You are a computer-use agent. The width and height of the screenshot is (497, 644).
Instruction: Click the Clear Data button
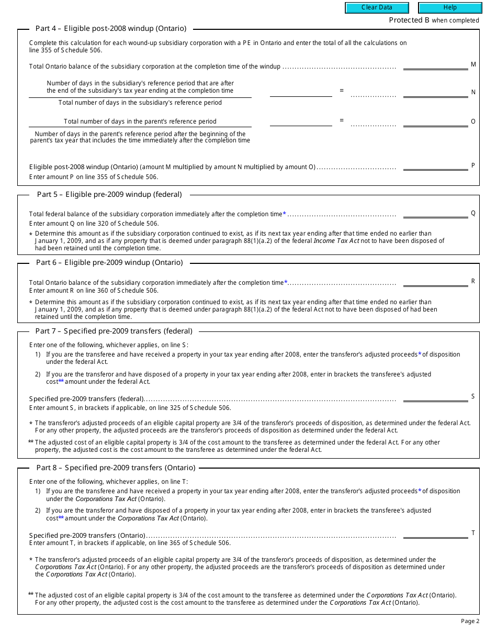[377, 8]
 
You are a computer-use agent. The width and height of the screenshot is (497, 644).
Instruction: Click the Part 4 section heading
[110, 29]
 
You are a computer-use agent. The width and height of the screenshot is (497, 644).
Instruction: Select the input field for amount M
[435, 65]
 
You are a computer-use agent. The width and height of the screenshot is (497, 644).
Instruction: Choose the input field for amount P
[435, 166]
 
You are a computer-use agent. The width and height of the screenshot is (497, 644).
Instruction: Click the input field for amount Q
[435, 213]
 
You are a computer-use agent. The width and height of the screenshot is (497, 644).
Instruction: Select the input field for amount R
[435, 282]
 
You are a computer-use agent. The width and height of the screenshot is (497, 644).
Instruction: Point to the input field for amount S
[435, 397]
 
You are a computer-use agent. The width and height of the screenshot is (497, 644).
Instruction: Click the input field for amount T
[435, 534]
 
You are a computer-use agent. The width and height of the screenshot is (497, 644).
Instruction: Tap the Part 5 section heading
[109, 194]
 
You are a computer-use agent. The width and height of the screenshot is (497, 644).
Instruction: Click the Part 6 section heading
[109, 262]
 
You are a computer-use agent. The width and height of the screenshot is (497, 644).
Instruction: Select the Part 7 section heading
[114, 331]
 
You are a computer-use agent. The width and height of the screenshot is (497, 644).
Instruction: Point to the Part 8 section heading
[116, 468]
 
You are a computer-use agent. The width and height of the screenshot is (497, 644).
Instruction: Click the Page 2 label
[470, 621]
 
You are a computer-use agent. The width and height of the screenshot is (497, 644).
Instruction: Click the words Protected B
[405, 20]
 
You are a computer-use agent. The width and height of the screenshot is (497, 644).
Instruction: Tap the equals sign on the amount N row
[342, 91]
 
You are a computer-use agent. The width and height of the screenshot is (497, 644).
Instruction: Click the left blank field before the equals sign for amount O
[301, 122]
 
